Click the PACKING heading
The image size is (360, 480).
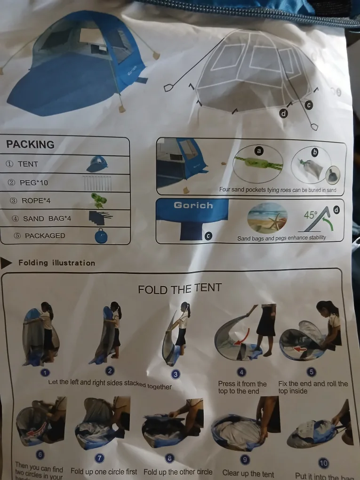tap(30, 144)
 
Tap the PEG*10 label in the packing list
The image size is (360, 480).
tap(34, 183)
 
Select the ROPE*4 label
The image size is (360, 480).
tap(36, 200)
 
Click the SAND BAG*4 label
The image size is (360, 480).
tap(40, 218)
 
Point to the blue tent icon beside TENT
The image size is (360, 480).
tap(97, 164)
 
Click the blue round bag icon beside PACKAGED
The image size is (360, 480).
tap(101, 235)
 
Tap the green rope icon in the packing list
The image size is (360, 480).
tap(98, 200)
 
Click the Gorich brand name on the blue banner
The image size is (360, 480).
tap(193, 205)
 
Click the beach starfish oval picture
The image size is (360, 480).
tap(267, 217)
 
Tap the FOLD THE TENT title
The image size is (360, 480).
tap(179, 288)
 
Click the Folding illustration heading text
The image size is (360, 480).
tap(56, 263)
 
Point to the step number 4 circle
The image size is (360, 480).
tap(241, 372)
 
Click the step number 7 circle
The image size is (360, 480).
tap(100, 458)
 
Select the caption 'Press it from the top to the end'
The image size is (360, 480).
tap(242, 387)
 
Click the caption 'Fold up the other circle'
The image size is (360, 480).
tap(178, 472)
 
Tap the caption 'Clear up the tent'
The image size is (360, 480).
tap(248, 473)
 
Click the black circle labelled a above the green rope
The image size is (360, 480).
tap(258, 151)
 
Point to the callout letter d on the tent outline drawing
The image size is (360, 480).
tap(284, 113)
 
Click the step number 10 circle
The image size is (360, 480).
tap(323, 463)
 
